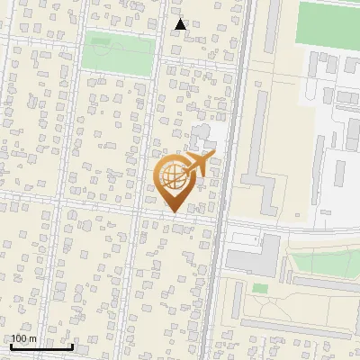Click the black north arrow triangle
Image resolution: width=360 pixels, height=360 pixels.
[x=180, y=25]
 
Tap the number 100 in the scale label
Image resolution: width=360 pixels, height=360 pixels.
[x=19, y=339]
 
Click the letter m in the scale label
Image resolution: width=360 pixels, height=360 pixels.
[x=32, y=339]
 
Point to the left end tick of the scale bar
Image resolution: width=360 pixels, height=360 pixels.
[x=11, y=346]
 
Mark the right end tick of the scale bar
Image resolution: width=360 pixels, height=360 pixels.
[x=73, y=346]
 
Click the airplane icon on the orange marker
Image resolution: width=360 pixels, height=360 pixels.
[x=198, y=164]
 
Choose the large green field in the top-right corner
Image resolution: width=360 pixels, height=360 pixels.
[x=328, y=22]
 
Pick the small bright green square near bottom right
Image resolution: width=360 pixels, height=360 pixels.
[x=260, y=288]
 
